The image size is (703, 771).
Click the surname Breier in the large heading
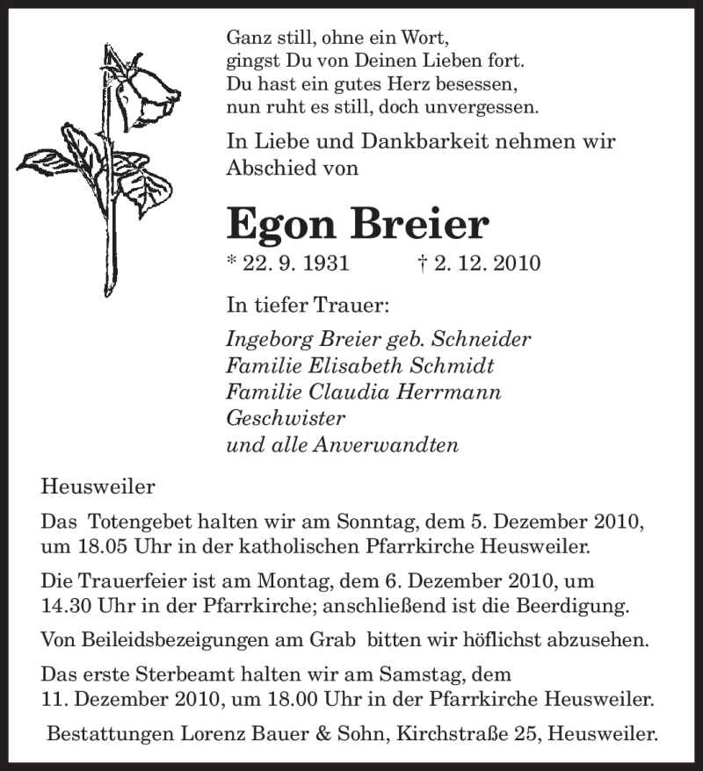click(419, 224)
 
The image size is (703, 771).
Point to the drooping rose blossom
click(149, 92)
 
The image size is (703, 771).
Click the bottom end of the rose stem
click(112, 293)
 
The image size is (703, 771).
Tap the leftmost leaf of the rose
click(48, 162)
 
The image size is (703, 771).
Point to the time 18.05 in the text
click(102, 546)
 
